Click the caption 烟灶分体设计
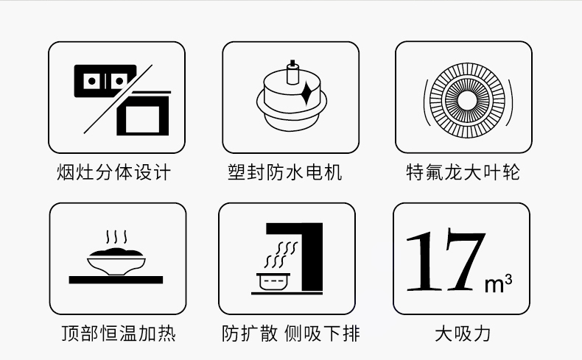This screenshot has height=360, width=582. [113, 172]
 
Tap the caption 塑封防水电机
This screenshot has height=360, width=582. [284, 172]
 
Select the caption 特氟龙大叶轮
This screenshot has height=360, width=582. [463, 172]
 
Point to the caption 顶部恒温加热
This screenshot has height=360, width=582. [119, 333]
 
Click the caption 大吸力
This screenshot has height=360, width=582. [463, 333]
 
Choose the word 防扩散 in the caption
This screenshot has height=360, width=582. [250, 333]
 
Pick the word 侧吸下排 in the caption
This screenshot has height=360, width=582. [322, 333]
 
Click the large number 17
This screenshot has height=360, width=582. [446, 260]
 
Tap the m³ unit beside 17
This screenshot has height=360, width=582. [499, 283]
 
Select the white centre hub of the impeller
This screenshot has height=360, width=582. [467, 100]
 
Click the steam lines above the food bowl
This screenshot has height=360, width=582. [116, 237]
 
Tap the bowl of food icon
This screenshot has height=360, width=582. [116, 261]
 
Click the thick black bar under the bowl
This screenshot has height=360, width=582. [116, 280]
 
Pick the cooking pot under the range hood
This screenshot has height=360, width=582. [273, 282]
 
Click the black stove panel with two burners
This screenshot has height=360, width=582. [105, 81]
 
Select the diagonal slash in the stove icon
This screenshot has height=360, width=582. [118, 99]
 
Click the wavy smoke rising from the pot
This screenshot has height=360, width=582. [281, 255]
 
